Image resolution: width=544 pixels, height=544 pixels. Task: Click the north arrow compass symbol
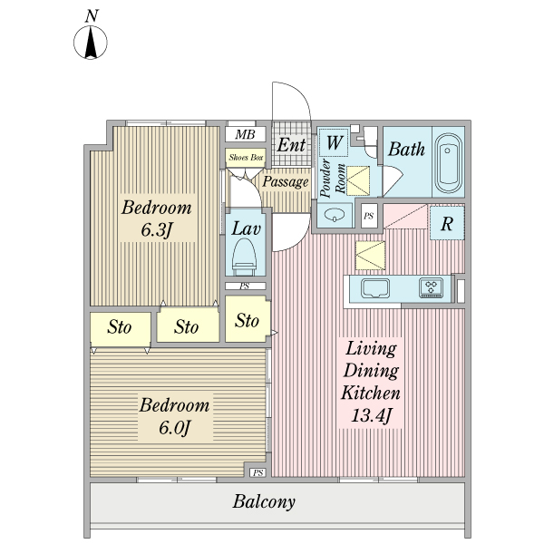91,42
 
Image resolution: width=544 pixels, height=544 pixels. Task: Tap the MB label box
245,135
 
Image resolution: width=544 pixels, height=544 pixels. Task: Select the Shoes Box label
245,157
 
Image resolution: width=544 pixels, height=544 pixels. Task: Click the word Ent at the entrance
291,145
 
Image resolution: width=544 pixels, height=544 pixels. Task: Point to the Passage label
286,181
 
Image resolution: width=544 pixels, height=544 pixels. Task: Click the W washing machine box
335,142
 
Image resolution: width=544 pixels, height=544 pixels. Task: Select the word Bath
406,150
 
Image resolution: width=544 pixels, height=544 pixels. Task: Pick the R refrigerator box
447,224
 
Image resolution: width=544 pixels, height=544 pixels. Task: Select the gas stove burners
432,288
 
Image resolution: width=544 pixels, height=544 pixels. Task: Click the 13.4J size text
370,416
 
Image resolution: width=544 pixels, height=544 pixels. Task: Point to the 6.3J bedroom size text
157,229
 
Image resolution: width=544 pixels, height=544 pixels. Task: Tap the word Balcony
264,501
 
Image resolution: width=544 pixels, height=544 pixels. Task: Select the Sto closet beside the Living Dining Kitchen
248,320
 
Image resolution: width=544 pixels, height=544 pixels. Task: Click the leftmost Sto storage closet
120,327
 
